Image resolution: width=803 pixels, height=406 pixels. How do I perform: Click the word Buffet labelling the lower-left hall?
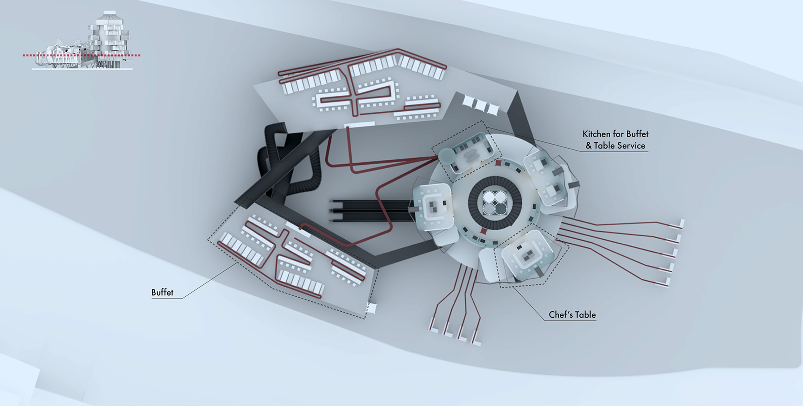click(162, 292)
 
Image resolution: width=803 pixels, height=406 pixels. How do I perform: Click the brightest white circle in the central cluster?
click(490, 197)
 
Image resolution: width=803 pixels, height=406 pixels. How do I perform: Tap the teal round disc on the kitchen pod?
click(446, 155)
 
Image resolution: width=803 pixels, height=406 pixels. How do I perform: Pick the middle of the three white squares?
click(480, 104)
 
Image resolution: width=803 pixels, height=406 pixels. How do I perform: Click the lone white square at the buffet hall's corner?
click(372, 308)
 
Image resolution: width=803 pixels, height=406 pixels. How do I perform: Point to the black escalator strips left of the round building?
click(369, 210)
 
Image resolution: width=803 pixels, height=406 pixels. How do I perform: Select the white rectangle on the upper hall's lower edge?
click(359, 125)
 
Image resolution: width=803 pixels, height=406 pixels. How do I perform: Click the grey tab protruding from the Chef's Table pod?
click(540, 271)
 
